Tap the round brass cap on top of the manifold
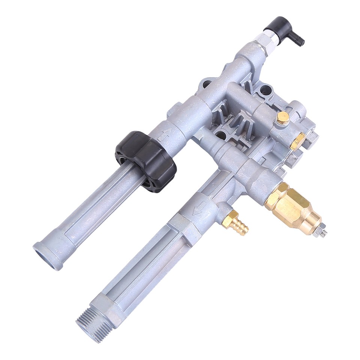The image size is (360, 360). pyautogui.click(x=282, y=118)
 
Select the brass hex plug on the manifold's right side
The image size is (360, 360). pyautogui.click(x=298, y=141)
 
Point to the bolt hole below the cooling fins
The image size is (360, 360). pyautogui.click(x=221, y=135)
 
